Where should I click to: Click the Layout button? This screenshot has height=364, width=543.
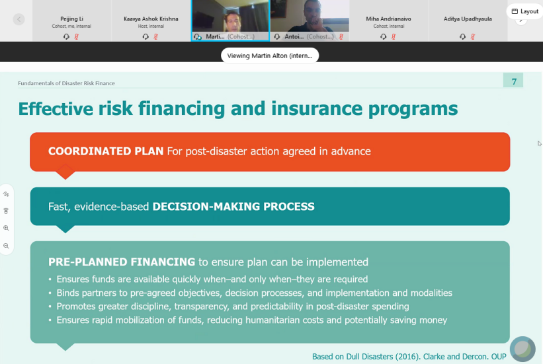tap(524, 11)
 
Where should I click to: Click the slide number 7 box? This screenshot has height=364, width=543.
tap(513, 81)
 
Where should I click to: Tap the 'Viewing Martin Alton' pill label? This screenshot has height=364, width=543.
tap(270, 55)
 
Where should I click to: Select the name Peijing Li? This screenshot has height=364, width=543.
tap(71, 18)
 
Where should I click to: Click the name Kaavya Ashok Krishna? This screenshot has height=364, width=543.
tap(151, 18)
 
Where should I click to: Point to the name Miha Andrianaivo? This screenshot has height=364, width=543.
tap(388, 18)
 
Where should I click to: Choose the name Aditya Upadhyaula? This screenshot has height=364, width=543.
tap(468, 18)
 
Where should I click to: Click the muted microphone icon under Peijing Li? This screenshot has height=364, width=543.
tap(77, 36)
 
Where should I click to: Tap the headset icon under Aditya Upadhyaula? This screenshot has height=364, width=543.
tap(462, 36)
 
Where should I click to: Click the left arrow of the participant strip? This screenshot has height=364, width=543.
tap(19, 19)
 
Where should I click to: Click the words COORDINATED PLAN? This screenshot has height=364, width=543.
tap(106, 151)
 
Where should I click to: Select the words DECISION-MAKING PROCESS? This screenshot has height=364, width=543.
tap(233, 207)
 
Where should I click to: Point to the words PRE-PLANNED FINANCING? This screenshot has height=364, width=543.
tap(122, 262)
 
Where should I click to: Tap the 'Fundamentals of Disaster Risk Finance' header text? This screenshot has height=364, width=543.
tap(66, 83)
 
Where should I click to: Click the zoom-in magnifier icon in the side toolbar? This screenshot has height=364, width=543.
tap(6, 228)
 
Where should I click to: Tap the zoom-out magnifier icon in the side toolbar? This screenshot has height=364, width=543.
tap(6, 246)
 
